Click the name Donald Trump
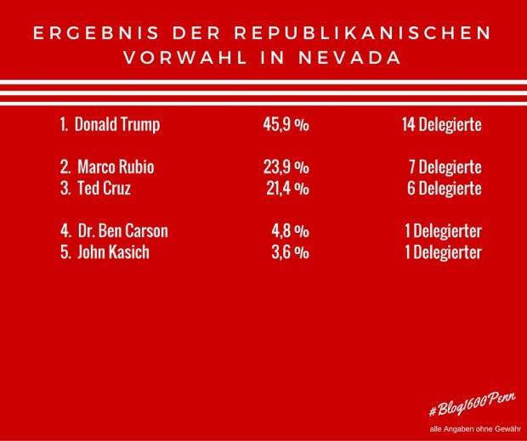coord(116,125)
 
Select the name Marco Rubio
coord(115,167)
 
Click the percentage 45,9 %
coord(286,125)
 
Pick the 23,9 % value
coord(286,167)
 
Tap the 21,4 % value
coord(286,189)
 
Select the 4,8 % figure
coord(290,230)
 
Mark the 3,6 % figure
coord(290,252)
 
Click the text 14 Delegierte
coord(442,125)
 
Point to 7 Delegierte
coord(445,167)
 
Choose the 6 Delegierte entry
coord(445,189)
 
